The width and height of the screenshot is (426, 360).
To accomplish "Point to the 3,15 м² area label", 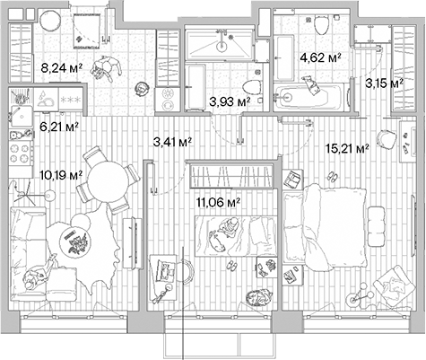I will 381,84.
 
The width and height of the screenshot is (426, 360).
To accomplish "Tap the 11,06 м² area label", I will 217,205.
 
